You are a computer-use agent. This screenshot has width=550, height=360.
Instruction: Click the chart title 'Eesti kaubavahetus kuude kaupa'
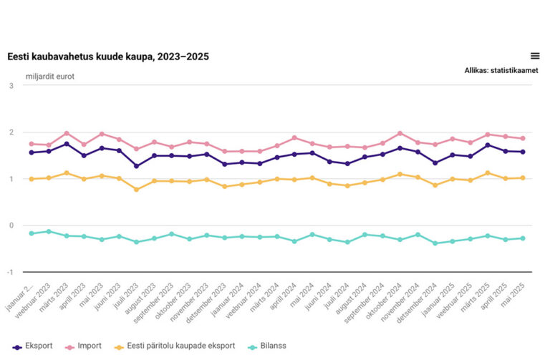(x=107, y=57)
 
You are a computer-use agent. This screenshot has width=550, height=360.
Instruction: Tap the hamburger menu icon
(x=535, y=56)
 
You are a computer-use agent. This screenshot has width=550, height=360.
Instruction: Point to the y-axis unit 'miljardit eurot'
(x=50, y=76)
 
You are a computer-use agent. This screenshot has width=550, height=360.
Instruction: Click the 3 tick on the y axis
(x=11, y=86)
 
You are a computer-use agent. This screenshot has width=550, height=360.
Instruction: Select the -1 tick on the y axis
(x=10, y=272)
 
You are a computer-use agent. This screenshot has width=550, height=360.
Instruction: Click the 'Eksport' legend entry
(x=33, y=346)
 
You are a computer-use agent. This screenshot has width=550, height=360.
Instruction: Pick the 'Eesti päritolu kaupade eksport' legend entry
(x=176, y=346)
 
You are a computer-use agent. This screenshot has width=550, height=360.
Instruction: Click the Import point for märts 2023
(x=67, y=133)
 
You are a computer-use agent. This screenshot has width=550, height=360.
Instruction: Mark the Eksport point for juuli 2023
(x=136, y=166)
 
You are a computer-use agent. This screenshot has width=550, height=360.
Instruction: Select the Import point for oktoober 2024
(x=400, y=133)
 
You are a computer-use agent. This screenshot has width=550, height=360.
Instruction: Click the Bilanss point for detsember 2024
(x=435, y=243)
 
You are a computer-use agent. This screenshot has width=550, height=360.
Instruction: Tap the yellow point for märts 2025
(x=488, y=172)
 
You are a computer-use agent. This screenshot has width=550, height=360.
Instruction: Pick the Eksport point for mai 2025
(x=522, y=152)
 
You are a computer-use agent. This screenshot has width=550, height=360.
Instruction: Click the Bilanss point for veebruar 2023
(x=49, y=231)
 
